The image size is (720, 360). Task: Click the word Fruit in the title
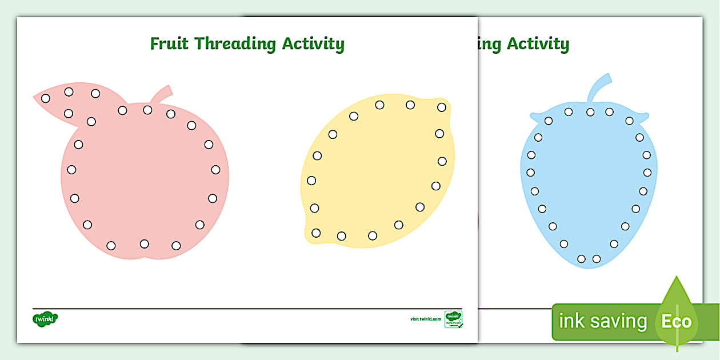click(x=170, y=44)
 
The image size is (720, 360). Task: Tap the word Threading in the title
click(x=235, y=45)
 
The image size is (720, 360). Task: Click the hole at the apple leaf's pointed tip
click(x=46, y=98)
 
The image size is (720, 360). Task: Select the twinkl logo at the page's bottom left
click(x=46, y=318)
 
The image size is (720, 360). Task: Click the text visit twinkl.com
click(x=425, y=319)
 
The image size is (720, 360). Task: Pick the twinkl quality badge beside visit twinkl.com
click(x=453, y=319)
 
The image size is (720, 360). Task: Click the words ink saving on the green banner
click(x=602, y=322)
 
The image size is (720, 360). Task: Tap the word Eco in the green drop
click(x=676, y=322)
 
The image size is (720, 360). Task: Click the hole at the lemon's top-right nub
click(x=442, y=107)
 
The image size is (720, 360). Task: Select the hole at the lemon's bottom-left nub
click(x=316, y=233)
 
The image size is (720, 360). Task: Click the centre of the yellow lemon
click(x=377, y=171)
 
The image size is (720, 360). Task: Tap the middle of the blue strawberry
click(x=589, y=183)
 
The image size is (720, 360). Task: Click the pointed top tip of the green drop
click(x=677, y=278)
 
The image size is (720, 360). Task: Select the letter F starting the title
click(x=155, y=44)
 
